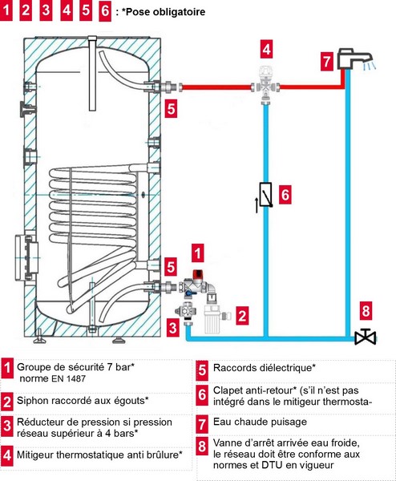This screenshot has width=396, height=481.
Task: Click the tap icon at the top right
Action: [354, 59]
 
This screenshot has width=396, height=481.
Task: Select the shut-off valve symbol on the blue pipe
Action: [365, 337]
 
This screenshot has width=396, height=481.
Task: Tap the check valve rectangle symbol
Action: [265, 195]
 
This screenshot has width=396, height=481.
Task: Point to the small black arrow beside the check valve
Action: [257, 205]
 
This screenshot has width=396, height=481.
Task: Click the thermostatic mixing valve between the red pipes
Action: [265, 84]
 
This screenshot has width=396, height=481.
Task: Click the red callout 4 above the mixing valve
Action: [267, 49]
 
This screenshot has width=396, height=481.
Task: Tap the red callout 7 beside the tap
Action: [327, 62]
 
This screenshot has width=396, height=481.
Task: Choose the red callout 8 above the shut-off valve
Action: [366, 311]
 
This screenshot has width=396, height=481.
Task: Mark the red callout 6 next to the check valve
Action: [285, 195]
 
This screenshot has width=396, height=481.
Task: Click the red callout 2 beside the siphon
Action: [242, 316]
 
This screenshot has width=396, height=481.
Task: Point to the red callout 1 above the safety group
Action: [198, 253]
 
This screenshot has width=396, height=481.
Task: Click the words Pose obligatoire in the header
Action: [166, 12]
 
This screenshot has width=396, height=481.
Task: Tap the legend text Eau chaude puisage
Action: [260, 422]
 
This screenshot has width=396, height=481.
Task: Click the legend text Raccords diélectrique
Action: [265, 367]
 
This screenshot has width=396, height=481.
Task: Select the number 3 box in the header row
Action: [46, 10]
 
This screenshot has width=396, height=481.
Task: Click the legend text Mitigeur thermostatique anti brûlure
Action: [99, 455]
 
